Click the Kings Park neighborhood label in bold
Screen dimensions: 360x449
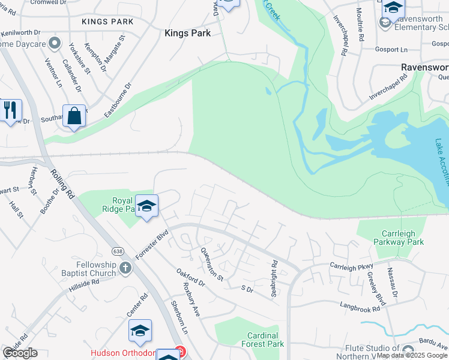[187, 34]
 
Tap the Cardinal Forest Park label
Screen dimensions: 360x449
[262, 340]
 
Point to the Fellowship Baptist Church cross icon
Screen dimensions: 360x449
[125, 267]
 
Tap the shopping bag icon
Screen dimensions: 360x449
[74, 116]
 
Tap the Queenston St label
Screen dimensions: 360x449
[211, 265]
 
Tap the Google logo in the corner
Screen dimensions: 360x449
[20, 353]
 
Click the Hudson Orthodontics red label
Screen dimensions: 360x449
[124, 353]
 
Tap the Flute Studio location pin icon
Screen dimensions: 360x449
[408, 350]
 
